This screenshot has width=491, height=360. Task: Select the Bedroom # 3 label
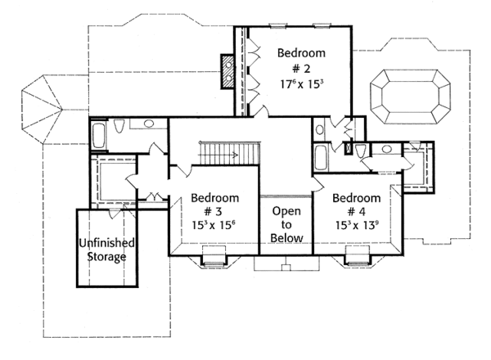214,205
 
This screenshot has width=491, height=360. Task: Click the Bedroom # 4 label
357,205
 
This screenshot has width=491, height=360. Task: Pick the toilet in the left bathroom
119,126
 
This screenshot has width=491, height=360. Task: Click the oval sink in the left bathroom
150,124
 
